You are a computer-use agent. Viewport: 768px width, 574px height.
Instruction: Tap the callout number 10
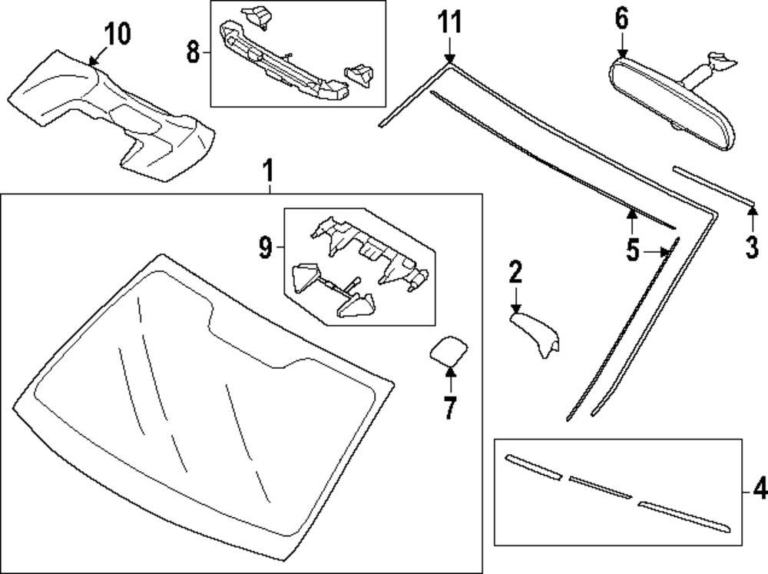pyautogui.click(x=118, y=34)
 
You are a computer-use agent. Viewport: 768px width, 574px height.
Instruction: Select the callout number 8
pyautogui.click(x=193, y=52)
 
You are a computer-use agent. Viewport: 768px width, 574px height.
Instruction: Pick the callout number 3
pyautogui.click(x=752, y=247)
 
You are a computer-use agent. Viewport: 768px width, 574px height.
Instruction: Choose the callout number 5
pyautogui.click(x=632, y=251)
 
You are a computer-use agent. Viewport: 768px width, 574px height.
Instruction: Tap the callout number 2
pyautogui.click(x=515, y=271)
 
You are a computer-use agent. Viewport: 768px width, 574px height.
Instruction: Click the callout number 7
pyautogui.click(x=450, y=408)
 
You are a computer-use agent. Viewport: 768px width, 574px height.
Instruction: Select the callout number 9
pyautogui.click(x=264, y=247)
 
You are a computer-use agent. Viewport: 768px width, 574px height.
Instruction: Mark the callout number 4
pyautogui.click(x=759, y=487)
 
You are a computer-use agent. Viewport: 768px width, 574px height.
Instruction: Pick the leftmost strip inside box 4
pyautogui.click(x=533, y=468)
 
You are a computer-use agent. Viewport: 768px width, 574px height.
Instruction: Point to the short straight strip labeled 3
pyautogui.click(x=713, y=184)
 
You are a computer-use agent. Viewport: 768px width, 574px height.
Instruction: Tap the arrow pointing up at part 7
pyautogui.click(x=450, y=377)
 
